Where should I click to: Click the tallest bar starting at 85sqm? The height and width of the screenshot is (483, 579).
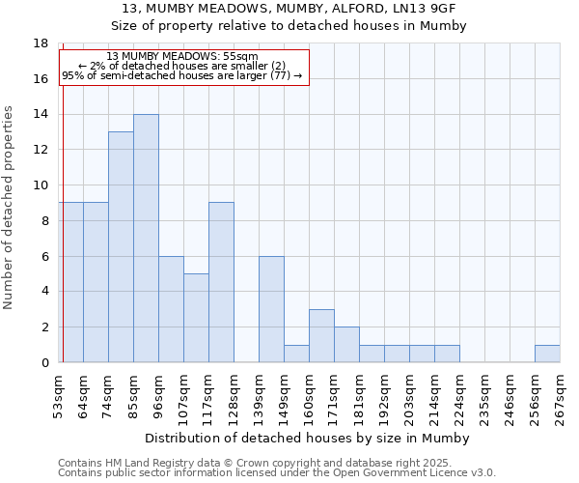coord(146,238)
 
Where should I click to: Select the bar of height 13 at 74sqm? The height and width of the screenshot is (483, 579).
coord(121,246)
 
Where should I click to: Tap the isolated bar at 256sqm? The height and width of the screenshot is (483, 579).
coord(547,354)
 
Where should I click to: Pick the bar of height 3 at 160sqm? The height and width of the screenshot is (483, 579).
coord(321,335)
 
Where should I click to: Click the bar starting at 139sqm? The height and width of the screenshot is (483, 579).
coord(271,309)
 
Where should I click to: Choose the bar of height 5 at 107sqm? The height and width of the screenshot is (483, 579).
coord(196,318)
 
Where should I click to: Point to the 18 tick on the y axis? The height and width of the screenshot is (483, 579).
coord(41,43)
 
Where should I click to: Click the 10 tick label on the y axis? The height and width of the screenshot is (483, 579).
coord(41,185)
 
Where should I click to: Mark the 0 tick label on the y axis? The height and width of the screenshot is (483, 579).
coord(44,362)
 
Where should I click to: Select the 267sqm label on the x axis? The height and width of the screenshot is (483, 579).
coord(560,397)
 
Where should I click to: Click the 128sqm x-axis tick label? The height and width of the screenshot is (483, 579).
coord(234,397)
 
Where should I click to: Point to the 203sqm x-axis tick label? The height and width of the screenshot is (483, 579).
coord(409,397)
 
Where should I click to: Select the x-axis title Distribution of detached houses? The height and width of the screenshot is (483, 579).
coord(309,438)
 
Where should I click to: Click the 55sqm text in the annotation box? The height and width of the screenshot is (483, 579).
coord(239,56)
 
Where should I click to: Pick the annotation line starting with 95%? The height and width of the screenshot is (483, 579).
coord(182,75)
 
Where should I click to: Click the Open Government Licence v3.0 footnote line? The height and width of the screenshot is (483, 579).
coord(276,472)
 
